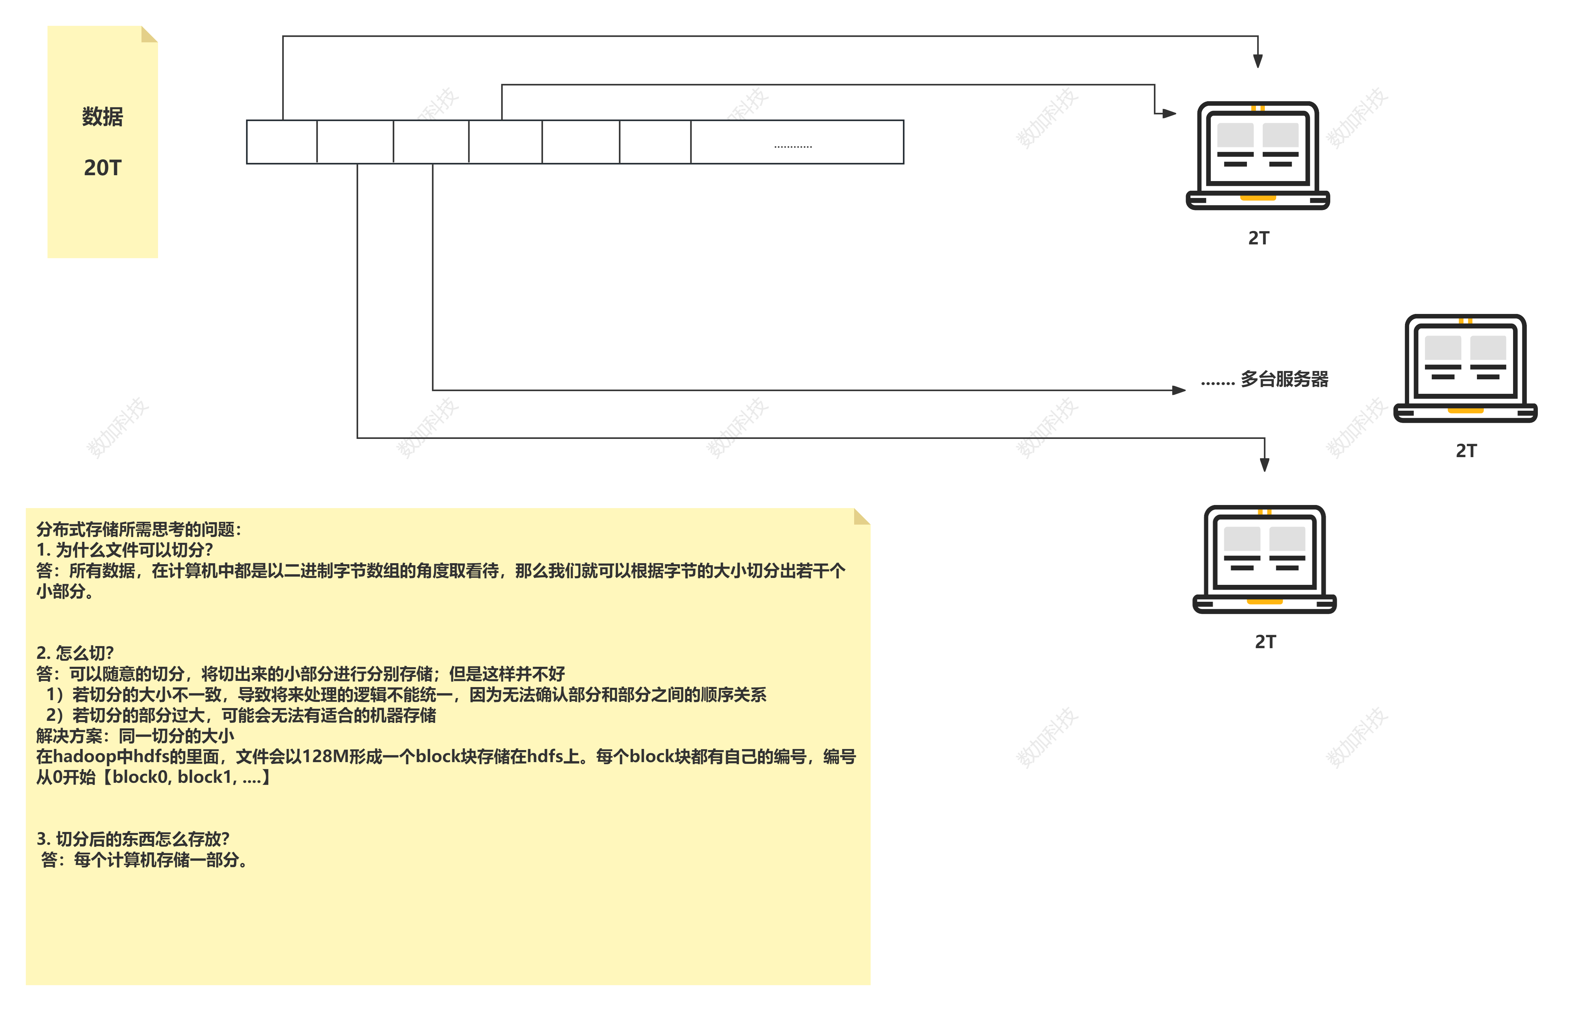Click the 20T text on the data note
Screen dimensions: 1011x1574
(102, 168)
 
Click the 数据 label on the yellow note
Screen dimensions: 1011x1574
(102, 117)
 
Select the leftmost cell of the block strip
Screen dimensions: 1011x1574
(282, 142)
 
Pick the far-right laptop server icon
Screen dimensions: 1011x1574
(1465, 369)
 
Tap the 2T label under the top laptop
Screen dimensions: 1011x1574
(1258, 238)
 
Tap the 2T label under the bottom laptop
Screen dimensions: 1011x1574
(1265, 642)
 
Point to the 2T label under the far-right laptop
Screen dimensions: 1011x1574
(1466, 451)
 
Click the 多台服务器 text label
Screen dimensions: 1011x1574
(1284, 379)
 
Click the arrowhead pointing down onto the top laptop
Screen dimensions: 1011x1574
(1258, 61)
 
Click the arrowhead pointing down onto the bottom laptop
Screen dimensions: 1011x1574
(1264, 465)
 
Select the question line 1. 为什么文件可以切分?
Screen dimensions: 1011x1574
(125, 550)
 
